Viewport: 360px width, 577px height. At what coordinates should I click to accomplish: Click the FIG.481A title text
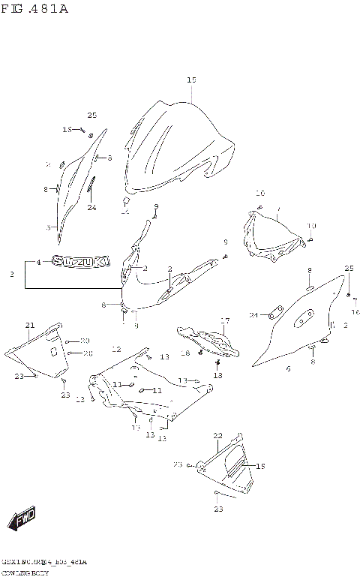pos(35,9)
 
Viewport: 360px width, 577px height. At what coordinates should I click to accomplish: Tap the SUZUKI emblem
pos(82,262)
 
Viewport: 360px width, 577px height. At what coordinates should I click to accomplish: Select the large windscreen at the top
pos(180,146)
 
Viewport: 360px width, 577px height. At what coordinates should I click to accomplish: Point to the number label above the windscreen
pos(191,80)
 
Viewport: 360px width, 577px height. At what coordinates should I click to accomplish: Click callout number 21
pos(30,325)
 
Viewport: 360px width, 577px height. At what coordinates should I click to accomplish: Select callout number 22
pos(217,435)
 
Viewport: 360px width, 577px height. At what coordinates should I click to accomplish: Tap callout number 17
pos(224,320)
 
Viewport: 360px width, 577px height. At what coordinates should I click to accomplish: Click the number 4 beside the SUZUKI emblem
pos(39,262)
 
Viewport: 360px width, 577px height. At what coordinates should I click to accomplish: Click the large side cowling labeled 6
pos(300,323)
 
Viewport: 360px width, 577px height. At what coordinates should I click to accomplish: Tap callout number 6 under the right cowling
pos(288,368)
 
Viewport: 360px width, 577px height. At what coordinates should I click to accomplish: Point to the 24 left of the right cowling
pos(253,314)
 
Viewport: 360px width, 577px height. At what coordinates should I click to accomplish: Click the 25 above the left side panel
pos(91,115)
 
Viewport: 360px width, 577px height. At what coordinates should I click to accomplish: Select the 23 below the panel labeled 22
pos(217,509)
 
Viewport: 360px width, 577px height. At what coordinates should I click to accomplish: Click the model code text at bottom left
pos(44,561)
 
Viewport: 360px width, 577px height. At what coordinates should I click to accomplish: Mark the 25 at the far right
pos(349,268)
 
